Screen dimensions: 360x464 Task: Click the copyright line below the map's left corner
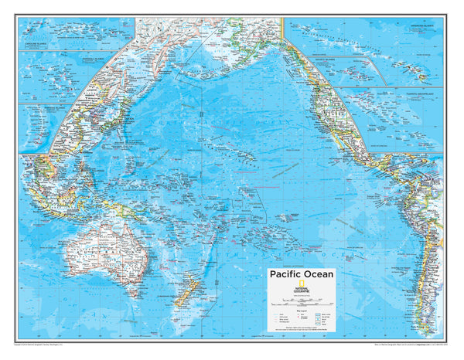(x=46, y=345)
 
